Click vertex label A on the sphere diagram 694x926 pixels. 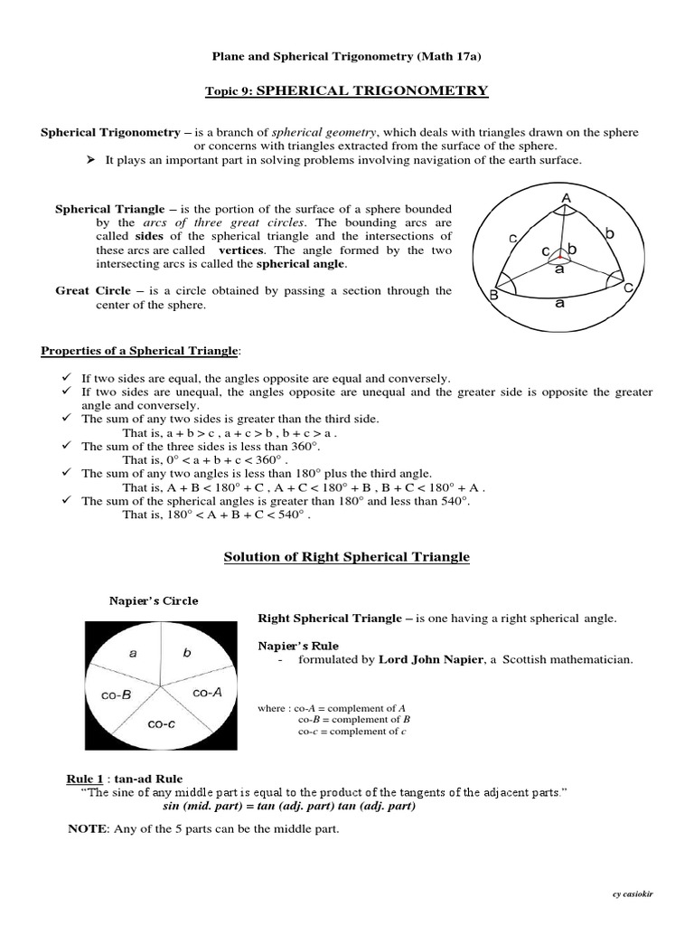[567, 197]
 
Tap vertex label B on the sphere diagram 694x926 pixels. [493, 295]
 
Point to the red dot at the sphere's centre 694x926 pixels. [560, 256]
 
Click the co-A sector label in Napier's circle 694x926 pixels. [207, 692]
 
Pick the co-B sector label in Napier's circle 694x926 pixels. [115, 694]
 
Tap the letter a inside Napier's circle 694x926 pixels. [133, 653]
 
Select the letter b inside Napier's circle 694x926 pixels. [187, 652]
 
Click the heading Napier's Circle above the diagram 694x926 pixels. [153, 600]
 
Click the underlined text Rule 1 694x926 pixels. [88, 779]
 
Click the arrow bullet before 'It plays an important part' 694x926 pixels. [90, 160]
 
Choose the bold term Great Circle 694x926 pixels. [93, 291]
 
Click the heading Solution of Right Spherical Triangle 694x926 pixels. [346, 557]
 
